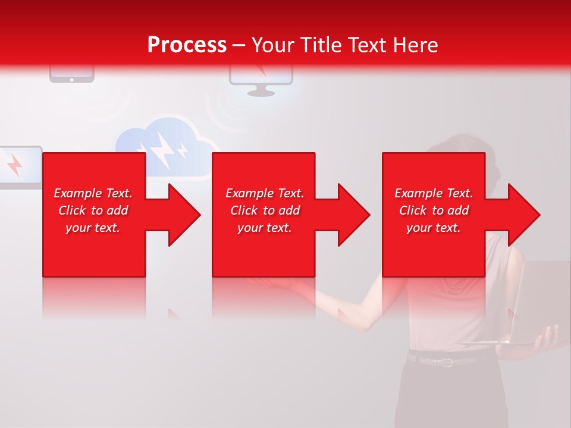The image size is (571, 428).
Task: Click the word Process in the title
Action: pos(187,45)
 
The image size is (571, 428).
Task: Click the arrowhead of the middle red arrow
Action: pos(353,215)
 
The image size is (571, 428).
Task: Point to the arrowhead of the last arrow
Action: pos(523,215)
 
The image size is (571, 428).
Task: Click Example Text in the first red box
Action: pos(93,193)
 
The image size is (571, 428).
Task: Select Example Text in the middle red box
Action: pos(265,193)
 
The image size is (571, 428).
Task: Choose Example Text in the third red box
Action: pos(434,193)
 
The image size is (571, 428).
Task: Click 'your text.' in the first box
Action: pos(93,228)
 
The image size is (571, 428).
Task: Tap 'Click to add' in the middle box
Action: pos(265,210)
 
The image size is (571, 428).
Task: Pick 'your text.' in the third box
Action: pos(434,228)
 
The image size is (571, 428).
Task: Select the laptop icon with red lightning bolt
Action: pos(18,166)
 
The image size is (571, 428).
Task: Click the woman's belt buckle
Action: pos(444,361)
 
